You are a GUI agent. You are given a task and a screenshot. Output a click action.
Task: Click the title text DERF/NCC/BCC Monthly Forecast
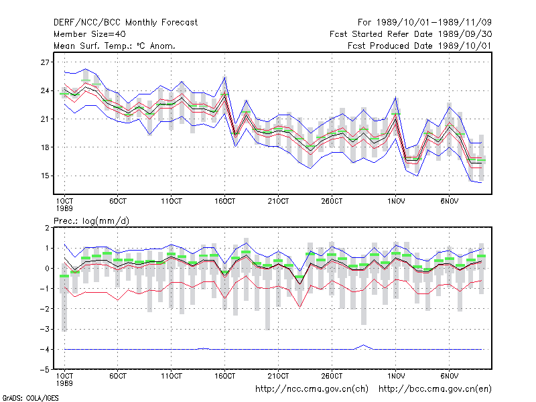pyautogui.click(x=125, y=23)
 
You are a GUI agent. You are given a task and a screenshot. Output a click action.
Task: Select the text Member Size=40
pyautogui.click(x=90, y=34)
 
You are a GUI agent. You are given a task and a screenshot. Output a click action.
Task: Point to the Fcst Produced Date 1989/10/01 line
pyautogui.click(x=419, y=46)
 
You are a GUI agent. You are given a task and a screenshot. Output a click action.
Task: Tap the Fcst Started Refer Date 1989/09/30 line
pyautogui.click(x=411, y=34)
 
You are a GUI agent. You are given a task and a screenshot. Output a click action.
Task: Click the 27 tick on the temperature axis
pyautogui.click(x=45, y=62)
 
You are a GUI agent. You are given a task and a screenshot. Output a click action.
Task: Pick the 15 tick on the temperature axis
pyautogui.click(x=45, y=176)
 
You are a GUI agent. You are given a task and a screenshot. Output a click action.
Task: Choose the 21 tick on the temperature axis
pyautogui.click(x=45, y=119)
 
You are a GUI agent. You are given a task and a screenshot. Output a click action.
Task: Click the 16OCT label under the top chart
pyautogui.click(x=224, y=202)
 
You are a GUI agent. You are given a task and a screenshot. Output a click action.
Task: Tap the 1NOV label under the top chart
pyautogui.click(x=396, y=202)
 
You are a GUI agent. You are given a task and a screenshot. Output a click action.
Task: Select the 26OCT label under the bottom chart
pyautogui.click(x=332, y=376)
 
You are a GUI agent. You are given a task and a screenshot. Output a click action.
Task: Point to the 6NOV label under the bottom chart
pyautogui.click(x=449, y=376)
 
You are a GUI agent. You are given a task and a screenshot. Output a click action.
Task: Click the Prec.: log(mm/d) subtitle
pyautogui.click(x=91, y=221)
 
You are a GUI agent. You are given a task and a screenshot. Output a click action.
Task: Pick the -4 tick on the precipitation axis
pyautogui.click(x=44, y=349)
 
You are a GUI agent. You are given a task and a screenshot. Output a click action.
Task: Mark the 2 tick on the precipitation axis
pyautogui.click(x=47, y=228)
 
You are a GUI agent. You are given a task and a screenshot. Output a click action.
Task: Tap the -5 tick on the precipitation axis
pyautogui.click(x=44, y=370)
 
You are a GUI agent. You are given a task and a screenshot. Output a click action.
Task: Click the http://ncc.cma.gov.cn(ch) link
pyautogui.click(x=312, y=389)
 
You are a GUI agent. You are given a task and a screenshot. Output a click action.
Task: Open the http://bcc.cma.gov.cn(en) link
pyautogui.click(x=435, y=389)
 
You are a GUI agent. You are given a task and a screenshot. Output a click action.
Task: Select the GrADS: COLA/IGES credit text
pyautogui.click(x=30, y=398)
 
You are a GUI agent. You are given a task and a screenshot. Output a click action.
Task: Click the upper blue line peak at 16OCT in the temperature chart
pyautogui.click(x=224, y=78)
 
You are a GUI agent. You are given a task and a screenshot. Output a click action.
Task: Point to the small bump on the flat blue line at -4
pyautogui.click(x=364, y=345)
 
